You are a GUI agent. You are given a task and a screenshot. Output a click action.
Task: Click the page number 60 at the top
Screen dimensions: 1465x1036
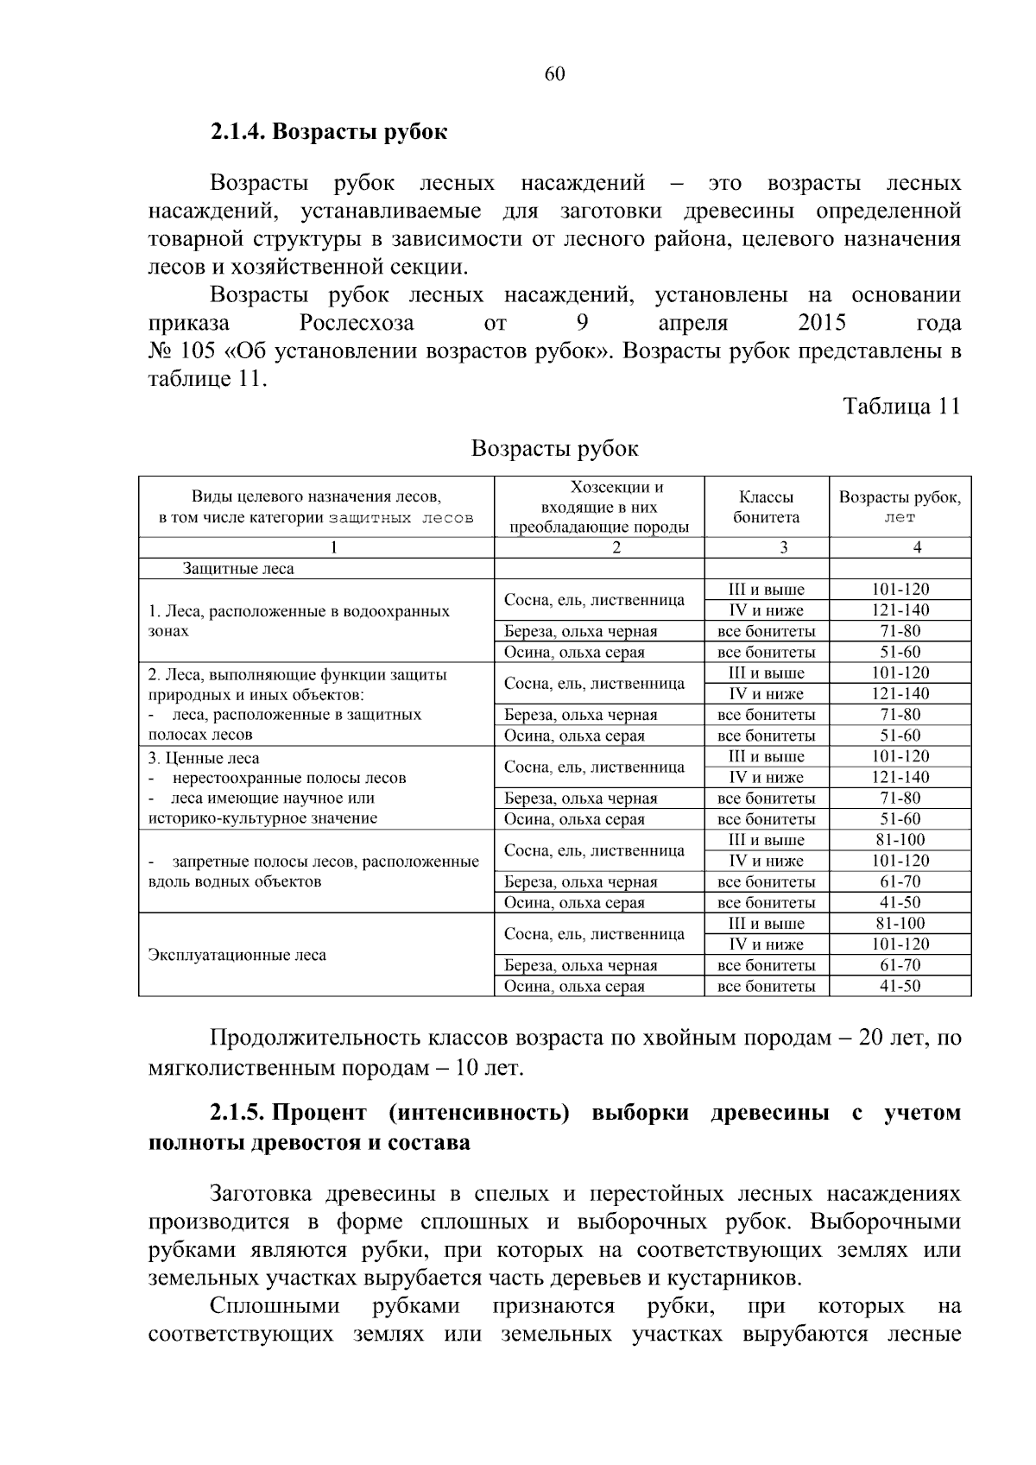[x=554, y=74]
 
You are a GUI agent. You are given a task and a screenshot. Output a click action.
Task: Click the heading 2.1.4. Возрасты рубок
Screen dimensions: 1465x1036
[x=328, y=132]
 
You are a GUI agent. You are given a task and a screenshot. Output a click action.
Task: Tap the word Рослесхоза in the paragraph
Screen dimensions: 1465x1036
[x=357, y=324]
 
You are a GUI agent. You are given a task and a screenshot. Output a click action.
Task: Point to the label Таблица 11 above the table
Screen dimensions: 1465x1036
[x=901, y=407]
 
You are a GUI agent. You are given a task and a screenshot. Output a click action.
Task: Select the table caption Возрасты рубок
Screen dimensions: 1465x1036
[x=554, y=449]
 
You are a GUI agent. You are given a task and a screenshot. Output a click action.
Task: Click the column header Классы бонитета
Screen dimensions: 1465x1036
[x=766, y=508]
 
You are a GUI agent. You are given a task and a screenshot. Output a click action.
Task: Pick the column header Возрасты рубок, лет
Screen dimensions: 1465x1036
[x=900, y=508]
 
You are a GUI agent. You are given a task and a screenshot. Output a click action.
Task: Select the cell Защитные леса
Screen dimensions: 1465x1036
[x=237, y=569]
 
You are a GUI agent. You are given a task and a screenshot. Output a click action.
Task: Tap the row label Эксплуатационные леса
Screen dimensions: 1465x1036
[x=237, y=956]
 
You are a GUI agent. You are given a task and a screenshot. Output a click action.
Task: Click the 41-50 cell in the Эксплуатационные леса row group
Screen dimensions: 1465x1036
[x=900, y=986]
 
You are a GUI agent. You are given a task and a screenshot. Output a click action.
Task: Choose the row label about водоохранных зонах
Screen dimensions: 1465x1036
[x=298, y=621]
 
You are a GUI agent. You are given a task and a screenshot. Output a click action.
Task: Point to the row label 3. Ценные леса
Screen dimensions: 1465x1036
[x=204, y=758]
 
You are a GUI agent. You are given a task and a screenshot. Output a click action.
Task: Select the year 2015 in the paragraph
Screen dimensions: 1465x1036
[x=822, y=324]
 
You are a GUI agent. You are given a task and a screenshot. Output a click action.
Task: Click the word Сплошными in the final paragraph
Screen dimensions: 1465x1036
[x=275, y=1306]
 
